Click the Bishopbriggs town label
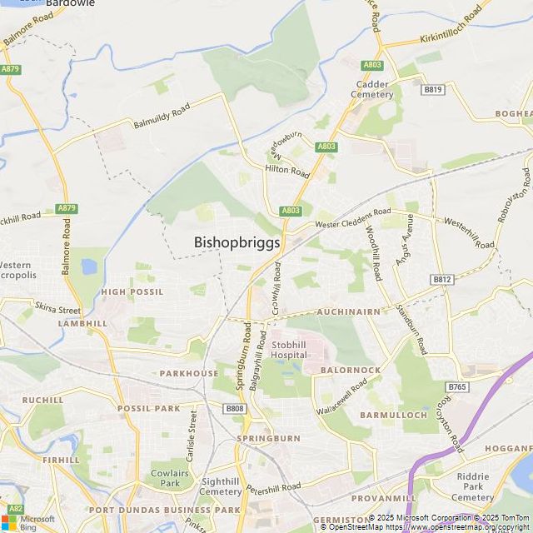coord(237,242)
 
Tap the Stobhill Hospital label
coord(289,350)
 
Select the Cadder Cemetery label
coord(374,89)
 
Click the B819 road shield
coord(432,89)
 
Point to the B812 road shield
coord(441,279)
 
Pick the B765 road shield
coord(457,386)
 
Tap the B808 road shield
coord(236,408)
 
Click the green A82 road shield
coord(14,508)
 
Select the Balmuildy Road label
coord(162,115)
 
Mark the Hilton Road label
coord(286,171)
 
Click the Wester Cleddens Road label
coord(351,218)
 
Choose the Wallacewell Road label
coord(342,398)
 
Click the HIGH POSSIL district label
coord(132,292)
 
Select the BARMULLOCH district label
coord(393,414)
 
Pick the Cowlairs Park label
coord(170,478)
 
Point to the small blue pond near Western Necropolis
coord(88,267)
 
